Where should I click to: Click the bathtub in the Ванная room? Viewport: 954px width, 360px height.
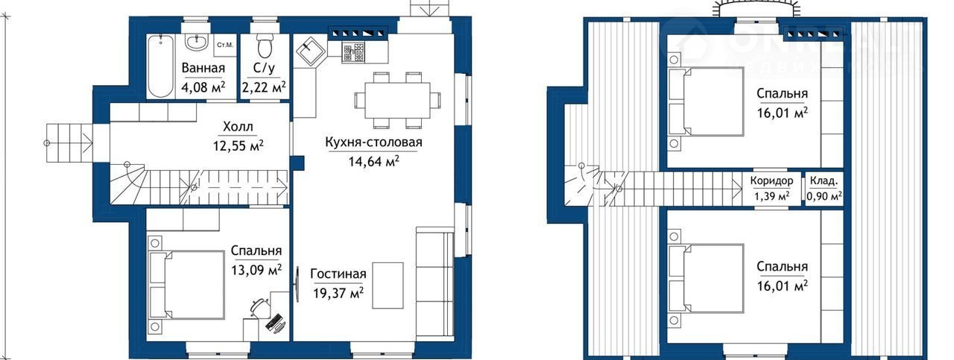(160, 66)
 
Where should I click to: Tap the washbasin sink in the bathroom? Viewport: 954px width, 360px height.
(197, 42)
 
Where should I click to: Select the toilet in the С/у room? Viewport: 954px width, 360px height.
(265, 45)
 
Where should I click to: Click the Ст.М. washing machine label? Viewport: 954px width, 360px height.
(225, 45)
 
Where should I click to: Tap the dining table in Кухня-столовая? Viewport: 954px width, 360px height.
(397, 100)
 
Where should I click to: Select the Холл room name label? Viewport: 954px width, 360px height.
(238, 127)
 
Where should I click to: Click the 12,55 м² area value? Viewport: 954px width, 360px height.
(238, 145)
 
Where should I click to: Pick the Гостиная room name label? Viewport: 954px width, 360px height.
(338, 274)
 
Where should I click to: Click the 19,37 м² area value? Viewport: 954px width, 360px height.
(338, 293)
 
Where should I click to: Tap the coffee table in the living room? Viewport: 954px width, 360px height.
(388, 285)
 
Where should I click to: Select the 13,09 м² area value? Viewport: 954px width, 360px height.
(256, 270)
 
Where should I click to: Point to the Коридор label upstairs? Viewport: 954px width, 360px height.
(771, 181)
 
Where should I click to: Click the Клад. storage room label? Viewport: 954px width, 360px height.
(824, 181)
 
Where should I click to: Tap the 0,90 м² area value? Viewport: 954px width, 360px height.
(824, 197)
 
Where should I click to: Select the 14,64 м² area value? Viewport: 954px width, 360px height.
(373, 162)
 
